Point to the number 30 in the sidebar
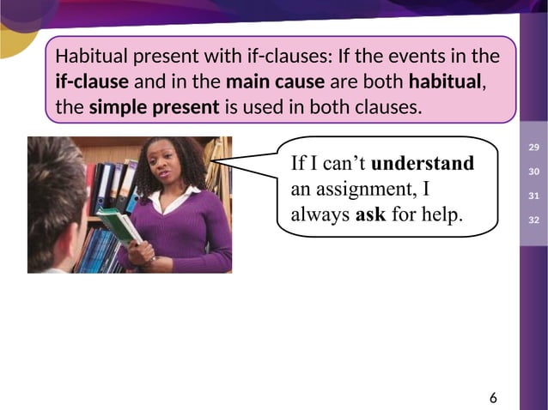(533, 173)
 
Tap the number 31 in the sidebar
(533, 197)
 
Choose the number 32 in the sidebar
(533, 221)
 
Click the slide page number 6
(493, 397)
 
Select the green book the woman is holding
(119, 227)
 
